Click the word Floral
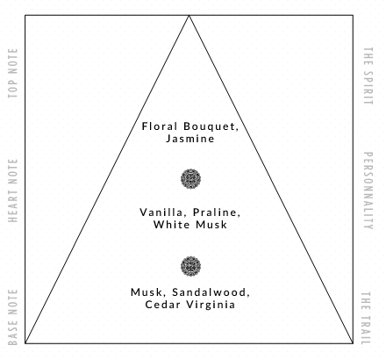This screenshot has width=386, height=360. [x=160, y=126]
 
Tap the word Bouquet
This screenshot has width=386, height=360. [x=211, y=126]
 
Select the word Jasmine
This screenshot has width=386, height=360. [x=190, y=139]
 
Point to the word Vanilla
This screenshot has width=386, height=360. [x=161, y=212]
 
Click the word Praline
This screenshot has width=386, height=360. [x=217, y=212]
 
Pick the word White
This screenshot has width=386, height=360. [x=171, y=225]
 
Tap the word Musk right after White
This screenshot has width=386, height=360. [x=211, y=225]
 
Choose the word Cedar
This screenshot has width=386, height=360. [x=163, y=305]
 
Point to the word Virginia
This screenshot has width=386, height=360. [x=211, y=305]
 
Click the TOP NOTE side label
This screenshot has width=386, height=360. [x=13, y=74]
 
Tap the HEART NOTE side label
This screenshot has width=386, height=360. [x=13, y=191]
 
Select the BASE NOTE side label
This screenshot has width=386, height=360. [x=13, y=318]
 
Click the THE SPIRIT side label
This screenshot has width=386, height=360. [x=368, y=76]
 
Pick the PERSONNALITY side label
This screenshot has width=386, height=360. [x=368, y=191]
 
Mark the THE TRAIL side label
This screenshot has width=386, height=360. [x=367, y=318]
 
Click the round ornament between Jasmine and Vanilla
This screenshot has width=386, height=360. [x=190, y=179]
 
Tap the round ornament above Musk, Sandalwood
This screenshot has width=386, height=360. [x=190, y=266]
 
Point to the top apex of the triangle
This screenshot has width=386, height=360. [x=189, y=15]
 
